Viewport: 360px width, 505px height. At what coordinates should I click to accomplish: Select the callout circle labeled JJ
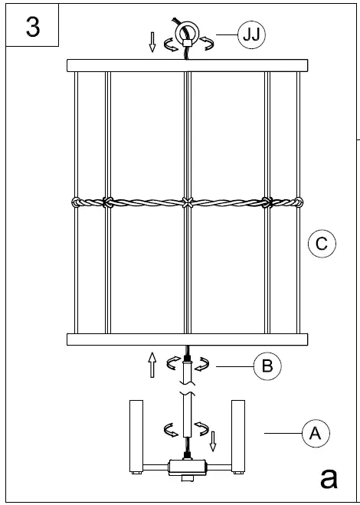249,35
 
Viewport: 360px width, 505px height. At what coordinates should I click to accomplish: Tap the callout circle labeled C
322,244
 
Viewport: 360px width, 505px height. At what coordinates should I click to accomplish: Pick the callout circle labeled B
266,366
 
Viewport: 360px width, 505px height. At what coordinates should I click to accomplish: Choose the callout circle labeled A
315,433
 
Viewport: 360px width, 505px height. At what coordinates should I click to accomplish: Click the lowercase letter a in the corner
329,477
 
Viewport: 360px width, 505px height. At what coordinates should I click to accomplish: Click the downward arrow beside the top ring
153,42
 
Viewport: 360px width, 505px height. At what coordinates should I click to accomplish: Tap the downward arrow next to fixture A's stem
214,441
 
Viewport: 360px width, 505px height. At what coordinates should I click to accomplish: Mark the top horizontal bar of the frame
187,65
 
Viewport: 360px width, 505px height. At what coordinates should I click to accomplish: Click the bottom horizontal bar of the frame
187,339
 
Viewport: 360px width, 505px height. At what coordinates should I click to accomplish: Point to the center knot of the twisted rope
187,203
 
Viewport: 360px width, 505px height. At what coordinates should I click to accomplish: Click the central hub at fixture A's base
187,466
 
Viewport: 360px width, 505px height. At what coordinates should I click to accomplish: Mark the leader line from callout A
283,434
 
